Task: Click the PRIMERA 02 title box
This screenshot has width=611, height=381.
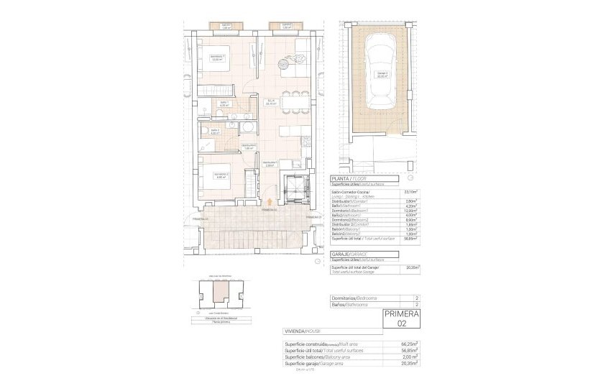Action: pyautogui.click(x=402, y=318)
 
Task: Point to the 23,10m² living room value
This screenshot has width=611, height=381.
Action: pyautogui.click(x=411, y=192)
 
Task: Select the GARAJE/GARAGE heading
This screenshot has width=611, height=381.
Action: pyautogui.click(x=349, y=254)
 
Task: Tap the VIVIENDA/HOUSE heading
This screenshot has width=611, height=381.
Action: pyautogui.click(x=303, y=332)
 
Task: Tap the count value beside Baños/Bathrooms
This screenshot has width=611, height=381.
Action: pyautogui.click(x=417, y=305)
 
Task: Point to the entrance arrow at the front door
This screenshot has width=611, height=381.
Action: pyautogui.click(x=269, y=203)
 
